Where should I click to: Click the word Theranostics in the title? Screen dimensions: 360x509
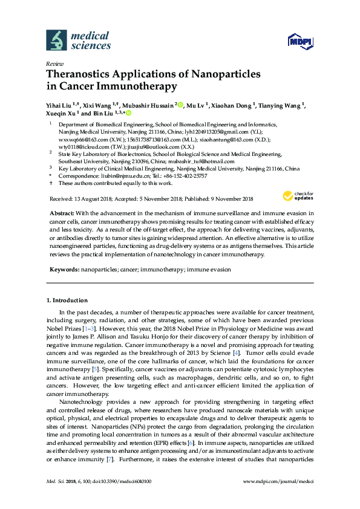(83, 74)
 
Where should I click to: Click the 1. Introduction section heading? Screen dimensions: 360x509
(67, 300)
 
